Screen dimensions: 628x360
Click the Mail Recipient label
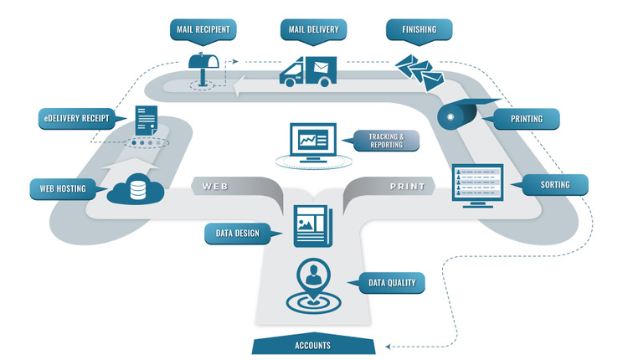pyautogui.click(x=203, y=29)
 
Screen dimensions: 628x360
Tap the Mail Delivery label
pyautogui.click(x=314, y=29)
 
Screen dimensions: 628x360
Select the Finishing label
pyautogui.click(x=420, y=29)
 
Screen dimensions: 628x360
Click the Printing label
pyautogui.click(x=526, y=119)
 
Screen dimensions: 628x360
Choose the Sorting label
pyautogui.click(x=554, y=185)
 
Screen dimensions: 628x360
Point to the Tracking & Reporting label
pyautogui.click(x=386, y=141)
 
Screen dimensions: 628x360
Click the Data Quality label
pyautogui.click(x=392, y=283)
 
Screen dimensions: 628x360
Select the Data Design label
pyautogui.click(x=237, y=234)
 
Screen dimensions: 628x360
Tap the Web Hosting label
pyautogui.click(x=63, y=189)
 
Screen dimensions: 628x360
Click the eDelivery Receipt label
pyautogui.click(x=76, y=119)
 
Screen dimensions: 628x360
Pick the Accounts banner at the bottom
pyautogui.click(x=313, y=344)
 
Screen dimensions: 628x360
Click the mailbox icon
pyautogui.click(x=203, y=69)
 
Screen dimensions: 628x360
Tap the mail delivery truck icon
pyautogui.click(x=307, y=71)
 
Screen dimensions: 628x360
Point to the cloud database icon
pyautogui.click(x=136, y=189)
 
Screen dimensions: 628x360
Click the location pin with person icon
pyautogui.click(x=314, y=286)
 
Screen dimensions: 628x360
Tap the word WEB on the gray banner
pyautogui.click(x=214, y=186)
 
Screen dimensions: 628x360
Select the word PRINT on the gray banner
pyautogui.click(x=407, y=186)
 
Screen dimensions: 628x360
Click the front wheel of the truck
pyautogui.click(x=290, y=82)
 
